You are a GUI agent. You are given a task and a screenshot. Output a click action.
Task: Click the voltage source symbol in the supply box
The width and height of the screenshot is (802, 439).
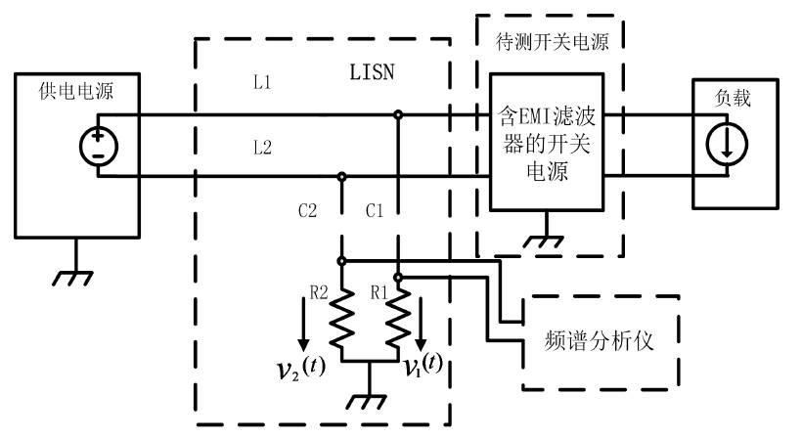[99, 147]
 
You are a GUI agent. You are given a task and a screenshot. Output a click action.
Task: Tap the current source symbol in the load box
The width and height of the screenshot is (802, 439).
[726, 147]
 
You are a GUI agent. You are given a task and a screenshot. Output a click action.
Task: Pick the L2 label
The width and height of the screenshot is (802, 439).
[262, 148]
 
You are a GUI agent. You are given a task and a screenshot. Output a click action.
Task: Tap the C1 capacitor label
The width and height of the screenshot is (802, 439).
[375, 210]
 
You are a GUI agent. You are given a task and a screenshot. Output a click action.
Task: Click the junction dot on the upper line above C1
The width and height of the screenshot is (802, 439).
[398, 115]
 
